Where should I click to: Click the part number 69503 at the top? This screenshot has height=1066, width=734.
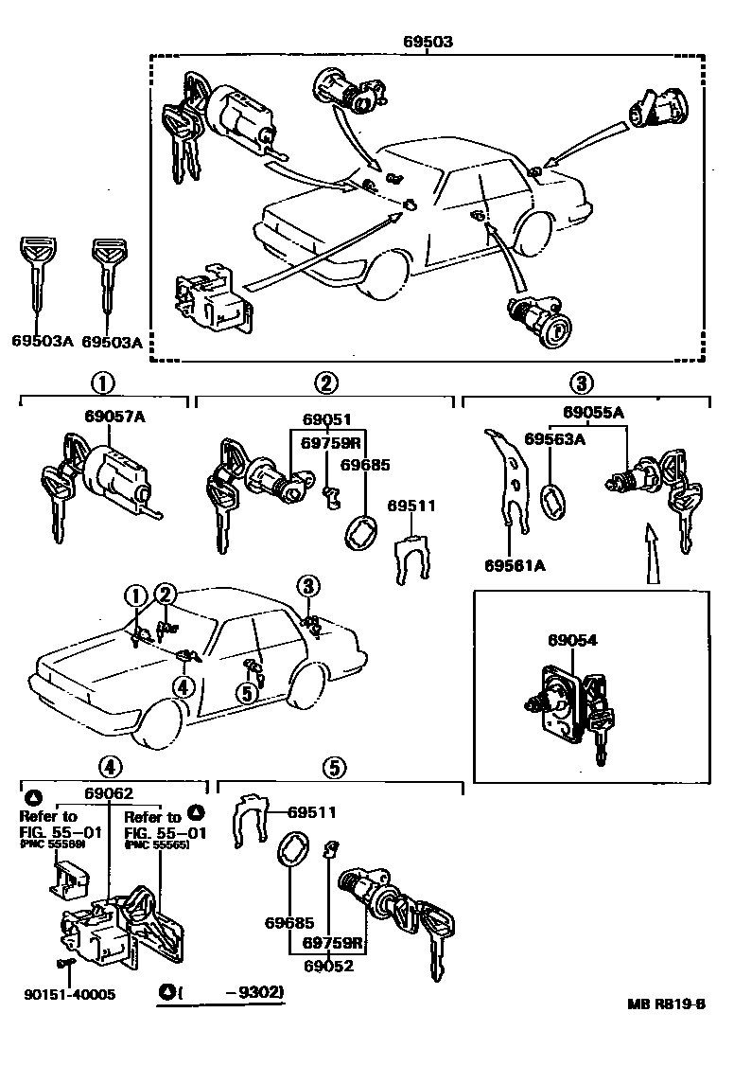[427, 42]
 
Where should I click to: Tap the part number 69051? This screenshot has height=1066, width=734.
[327, 419]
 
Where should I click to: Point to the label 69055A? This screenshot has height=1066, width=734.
[593, 412]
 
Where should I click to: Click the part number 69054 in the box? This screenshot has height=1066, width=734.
[572, 641]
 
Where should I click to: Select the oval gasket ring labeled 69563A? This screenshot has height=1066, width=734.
[552, 500]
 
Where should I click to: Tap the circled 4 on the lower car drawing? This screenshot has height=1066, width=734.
[184, 685]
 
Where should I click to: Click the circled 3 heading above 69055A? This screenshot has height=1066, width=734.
[581, 382]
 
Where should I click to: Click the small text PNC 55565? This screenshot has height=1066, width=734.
[157, 844]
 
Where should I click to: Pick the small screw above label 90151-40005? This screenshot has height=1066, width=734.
[66, 964]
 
